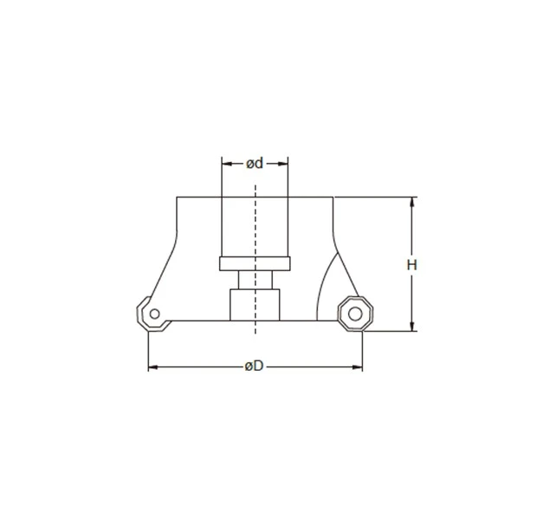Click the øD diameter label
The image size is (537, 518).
pyautogui.click(x=253, y=367)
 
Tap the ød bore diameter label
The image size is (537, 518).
pyautogui.click(x=255, y=163)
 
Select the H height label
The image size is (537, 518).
pyautogui.click(x=412, y=265)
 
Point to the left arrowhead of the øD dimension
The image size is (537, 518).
pyautogui.click(x=153, y=368)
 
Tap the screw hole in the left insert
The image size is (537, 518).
pyautogui.click(x=153, y=313)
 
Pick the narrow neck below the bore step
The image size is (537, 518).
pyautogui.click(x=256, y=280)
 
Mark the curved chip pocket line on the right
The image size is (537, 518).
pyautogui.click(x=327, y=286)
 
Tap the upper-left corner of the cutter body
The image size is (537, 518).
pyautogui.click(x=177, y=197)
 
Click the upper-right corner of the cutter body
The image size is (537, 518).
pyautogui.click(x=333, y=197)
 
